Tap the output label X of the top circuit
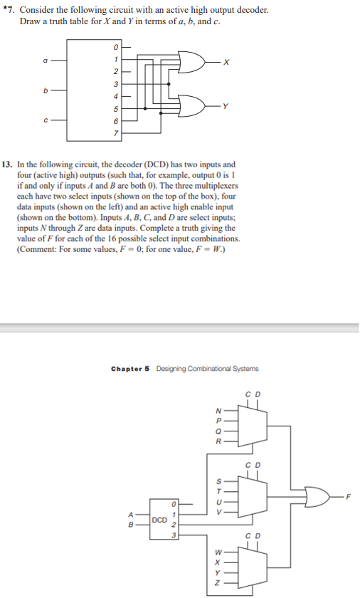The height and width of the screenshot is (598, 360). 226,61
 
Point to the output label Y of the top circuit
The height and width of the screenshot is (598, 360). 226,108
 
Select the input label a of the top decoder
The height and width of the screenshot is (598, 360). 46,61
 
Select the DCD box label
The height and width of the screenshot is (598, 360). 160,520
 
